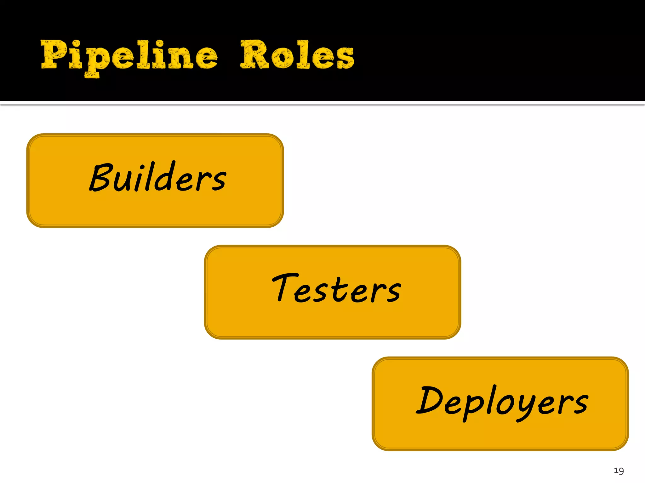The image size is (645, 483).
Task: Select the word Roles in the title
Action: (x=297, y=55)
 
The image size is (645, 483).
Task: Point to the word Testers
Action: (x=336, y=288)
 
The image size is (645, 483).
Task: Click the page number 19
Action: (x=619, y=471)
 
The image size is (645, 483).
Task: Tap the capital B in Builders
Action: (x=101, y=178)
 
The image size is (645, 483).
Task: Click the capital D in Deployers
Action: (x=430, y=400)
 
